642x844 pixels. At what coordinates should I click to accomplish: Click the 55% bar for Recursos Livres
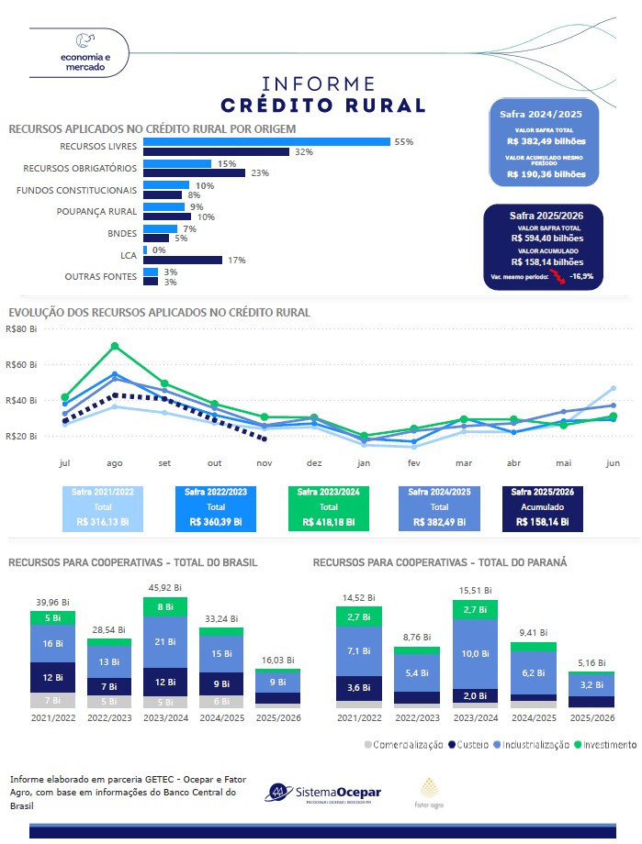click(x=266, y=142)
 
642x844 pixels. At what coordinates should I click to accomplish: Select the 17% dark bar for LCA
click(x=183, y=260)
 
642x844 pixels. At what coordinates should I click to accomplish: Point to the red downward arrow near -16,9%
click(x=556, y=275)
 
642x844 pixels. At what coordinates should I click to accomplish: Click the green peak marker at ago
click(x=115, y=347)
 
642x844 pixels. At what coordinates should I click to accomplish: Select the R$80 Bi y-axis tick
click(x=20, y=328)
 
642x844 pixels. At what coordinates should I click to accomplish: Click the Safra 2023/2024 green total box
click(x=328, y=507)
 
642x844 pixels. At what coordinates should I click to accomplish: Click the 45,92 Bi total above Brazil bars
click(x=164, y=589)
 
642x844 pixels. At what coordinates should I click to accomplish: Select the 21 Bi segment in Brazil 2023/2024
click(x=164, y=641)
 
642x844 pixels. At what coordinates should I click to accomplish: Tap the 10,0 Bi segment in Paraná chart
click(x=475, y=653)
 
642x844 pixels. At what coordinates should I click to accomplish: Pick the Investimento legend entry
click(x=604, y=744)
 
